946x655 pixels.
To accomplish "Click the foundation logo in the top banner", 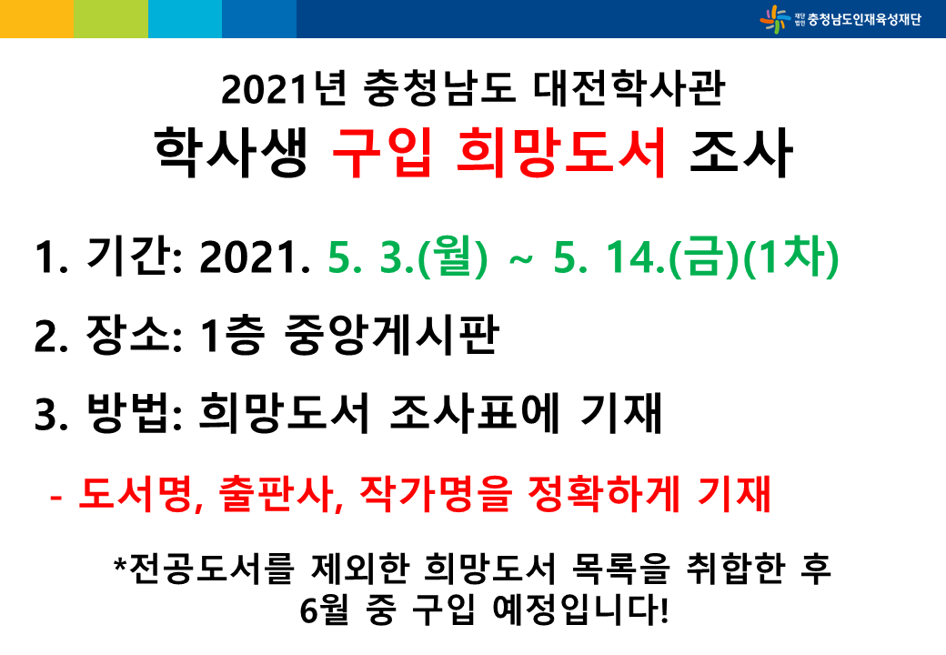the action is tap(840, 19).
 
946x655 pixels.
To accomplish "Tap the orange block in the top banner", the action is tap(36, 19).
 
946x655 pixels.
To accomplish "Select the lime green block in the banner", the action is tap(111, 19).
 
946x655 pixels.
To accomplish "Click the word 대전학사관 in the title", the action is tap(629, 88).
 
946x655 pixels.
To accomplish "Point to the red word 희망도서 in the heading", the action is tap(561, 153).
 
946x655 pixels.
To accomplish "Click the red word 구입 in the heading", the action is tap(382, 153).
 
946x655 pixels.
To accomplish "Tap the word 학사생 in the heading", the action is tap(232, 153).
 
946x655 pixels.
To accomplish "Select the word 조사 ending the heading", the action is tap(740, 153).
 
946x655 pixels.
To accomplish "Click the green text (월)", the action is tap(452, 257).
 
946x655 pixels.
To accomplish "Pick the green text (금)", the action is tap(705, 257).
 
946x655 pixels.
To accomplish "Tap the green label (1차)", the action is tap(790, 257).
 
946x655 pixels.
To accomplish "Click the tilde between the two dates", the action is tap(521, 259).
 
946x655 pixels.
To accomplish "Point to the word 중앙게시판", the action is tap(391, 336).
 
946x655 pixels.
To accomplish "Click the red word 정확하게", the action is tap(604, 493).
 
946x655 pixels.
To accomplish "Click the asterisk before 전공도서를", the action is tap(120, 564).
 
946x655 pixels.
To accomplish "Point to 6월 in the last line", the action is tap(325, 610).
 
